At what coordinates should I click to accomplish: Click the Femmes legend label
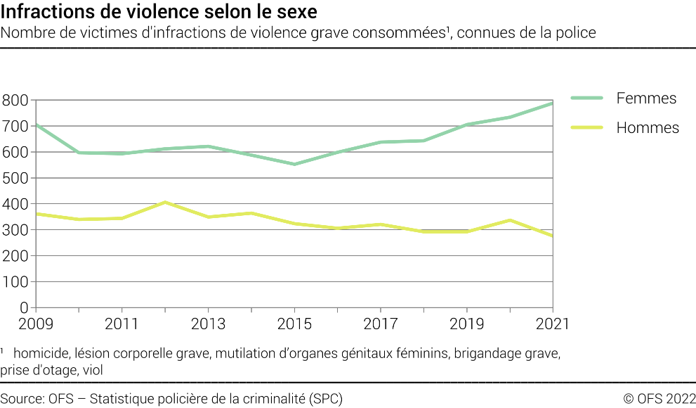pyautogui.click(x=645, y=98)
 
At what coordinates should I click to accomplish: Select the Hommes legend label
pyautogui.click(x=647, y=128)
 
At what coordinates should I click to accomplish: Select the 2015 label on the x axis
pyautogui.click(x=294, y=324)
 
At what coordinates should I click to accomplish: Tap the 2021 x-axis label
pyautogui.click(x=552, y=324)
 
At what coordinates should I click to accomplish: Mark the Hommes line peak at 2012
pyautogui.click(x=164, y=203)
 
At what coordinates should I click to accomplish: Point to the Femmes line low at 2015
pyautogui.click(x=294, y=164)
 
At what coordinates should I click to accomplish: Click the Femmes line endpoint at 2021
pyautogui.click(x=552, y=103)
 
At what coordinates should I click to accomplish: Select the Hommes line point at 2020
pyautogui.click(x=509, y=220)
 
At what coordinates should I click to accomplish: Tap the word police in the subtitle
pyautogui.click(x=577, y=32)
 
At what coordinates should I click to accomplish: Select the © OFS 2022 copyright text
pyautogui.click(x=659, y=399)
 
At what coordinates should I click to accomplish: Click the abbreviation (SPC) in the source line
pyautogui.click(x=326, y=399)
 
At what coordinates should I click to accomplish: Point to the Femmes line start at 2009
pyautogui.click(x=36, y=125)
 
